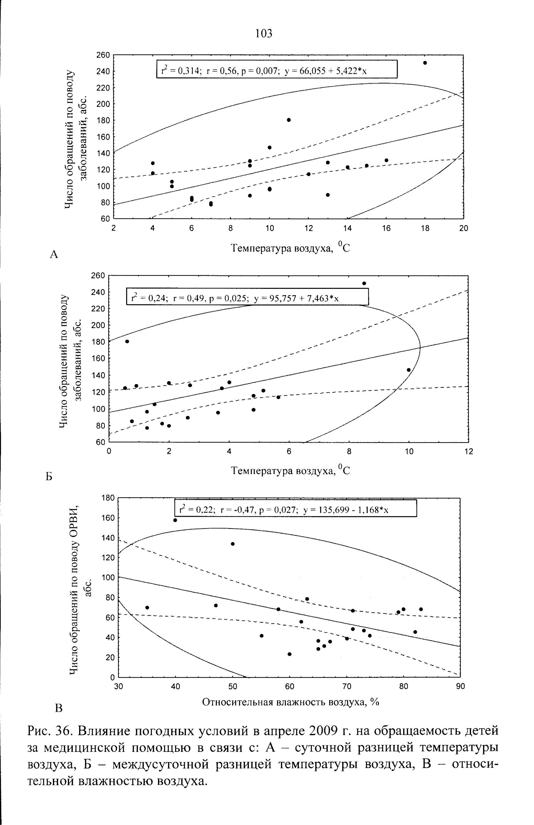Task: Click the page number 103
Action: (x=263, y=33)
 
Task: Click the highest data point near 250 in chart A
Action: (x=425, y=63)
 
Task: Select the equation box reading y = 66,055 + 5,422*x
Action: (x=277, y=69)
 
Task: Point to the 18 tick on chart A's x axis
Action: (x=425, y=228)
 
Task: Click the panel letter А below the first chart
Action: (x=54, y=255)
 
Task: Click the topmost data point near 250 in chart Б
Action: (x=364, y=283)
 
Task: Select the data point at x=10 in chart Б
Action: (x=408, y=370)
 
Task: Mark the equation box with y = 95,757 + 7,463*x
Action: (x=247, y=296)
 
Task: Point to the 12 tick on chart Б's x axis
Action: (x=469, y=452)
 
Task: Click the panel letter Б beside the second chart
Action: (x=49, y=477)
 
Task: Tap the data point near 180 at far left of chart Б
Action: (x=127, y=341)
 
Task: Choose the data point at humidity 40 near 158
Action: (x=175, y=520)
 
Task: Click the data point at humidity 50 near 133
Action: (x=232, y=544)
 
